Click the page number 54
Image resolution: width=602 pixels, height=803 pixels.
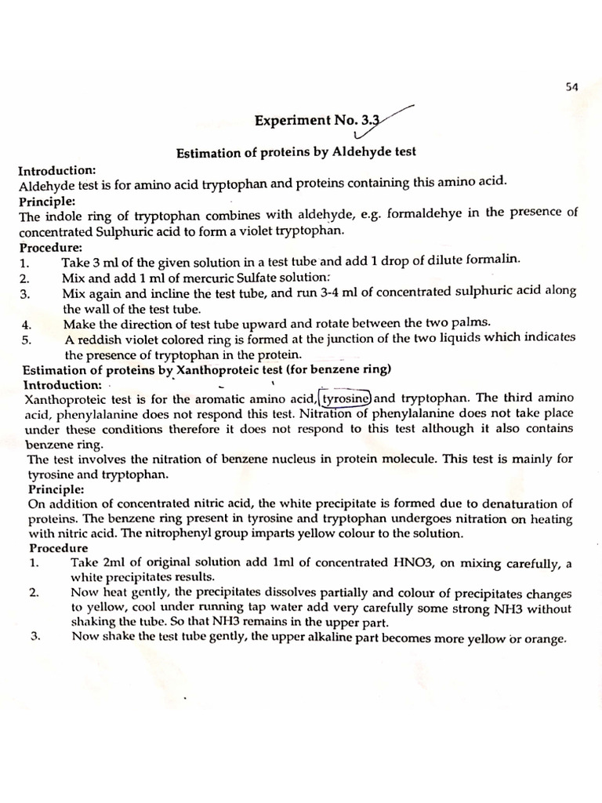pyautogui.click(x=571, y=89)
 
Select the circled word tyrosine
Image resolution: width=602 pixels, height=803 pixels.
pyautogui.click(x=347, y=398)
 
